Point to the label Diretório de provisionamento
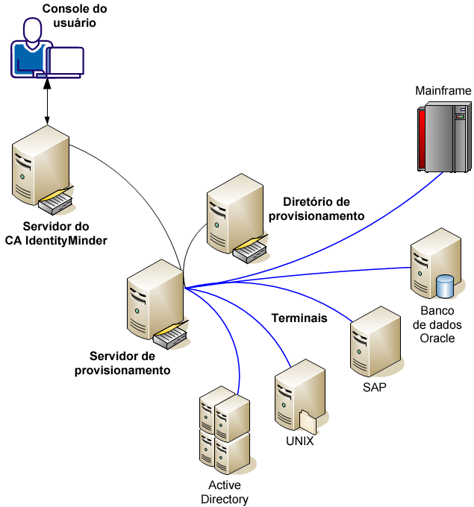coord(323,208)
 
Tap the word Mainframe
coord(443,91)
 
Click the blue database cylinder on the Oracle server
coord(446,286)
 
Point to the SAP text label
coord(374,388)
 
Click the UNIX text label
coord(300,441)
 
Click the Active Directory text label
coord(225,492)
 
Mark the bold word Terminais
coord(299,318)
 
